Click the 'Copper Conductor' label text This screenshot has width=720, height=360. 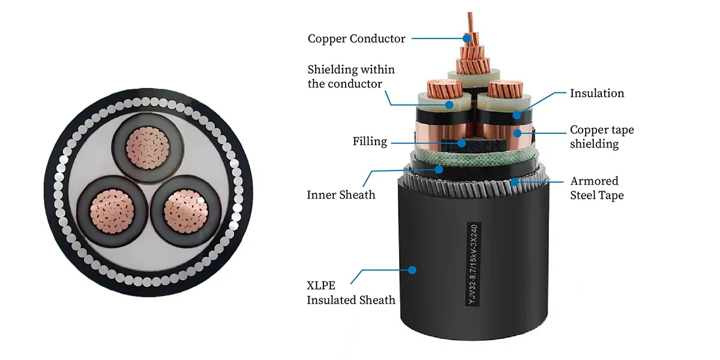[x=356, y=38]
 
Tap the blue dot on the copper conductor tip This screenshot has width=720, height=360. [x=467, y=38]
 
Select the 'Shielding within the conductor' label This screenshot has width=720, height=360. [x=351, y=77]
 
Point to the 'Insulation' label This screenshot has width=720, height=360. [x=597, y=93]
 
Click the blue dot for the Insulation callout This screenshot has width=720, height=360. [x=517, y=115]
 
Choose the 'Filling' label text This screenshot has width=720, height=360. [x=370, y=142]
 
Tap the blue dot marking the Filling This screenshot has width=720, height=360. [x=462, y=143]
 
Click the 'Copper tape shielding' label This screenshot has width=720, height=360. [x=602, y=137]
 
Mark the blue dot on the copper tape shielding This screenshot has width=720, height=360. [x=517, y=133]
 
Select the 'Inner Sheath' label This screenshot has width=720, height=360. [x=341, y=195]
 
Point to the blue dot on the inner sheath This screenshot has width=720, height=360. [x=439, y=169]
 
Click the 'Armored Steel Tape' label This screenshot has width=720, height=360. [x=597, y=188]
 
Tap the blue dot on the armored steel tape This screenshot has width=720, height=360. [x=515, y=182]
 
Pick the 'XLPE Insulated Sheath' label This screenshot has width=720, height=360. [x=351, y=293]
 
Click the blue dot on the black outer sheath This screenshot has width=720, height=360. [x=412, y=269]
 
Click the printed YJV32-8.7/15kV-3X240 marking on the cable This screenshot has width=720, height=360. [x=473, y=264]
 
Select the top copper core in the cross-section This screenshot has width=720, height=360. [x=148, y=148]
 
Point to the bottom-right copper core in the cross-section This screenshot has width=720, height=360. [x=186, y=211]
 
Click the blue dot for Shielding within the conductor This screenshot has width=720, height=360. [x=449, y=104]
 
